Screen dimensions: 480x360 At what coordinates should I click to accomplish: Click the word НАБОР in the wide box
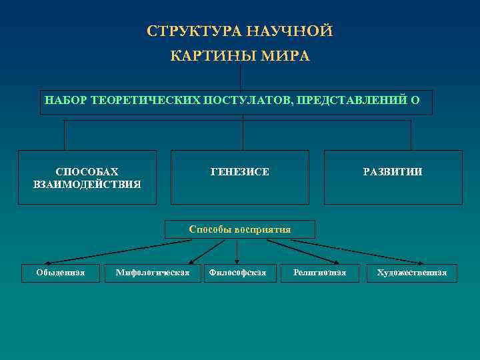point(65,101)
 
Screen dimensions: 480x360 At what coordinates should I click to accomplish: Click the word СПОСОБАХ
point(87,172)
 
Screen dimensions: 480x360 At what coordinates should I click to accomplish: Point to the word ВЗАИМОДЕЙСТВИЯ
point(87,184)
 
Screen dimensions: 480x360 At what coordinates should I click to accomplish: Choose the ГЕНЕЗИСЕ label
point(240,172)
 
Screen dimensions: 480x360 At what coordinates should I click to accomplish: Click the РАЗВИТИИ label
point(393,172)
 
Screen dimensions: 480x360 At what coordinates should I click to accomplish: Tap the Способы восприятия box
point(240,229)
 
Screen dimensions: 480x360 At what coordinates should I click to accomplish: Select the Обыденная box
point(61,273)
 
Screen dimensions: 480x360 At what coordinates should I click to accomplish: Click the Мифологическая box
point(153,273)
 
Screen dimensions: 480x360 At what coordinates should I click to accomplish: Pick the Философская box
point(237,273)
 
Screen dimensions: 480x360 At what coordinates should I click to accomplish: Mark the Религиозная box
point(319,273)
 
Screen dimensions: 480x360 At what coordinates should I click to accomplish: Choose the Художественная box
point(411,273)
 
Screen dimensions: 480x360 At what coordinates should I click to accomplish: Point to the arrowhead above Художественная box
point(423,263)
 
